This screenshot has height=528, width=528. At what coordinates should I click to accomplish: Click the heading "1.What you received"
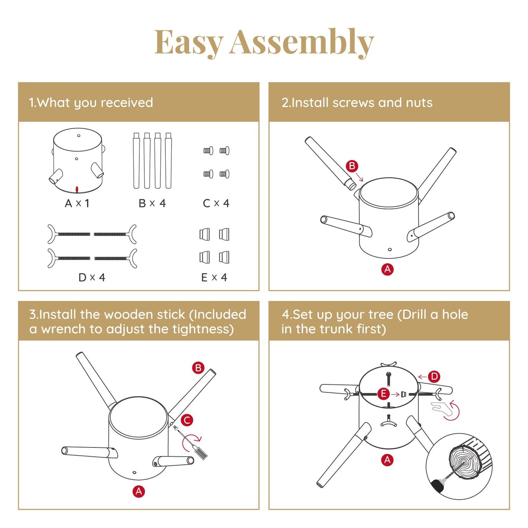[91, 103]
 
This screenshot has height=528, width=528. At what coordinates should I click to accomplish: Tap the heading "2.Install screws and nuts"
[357, 102]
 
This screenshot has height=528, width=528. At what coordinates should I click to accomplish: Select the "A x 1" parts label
[77, 203]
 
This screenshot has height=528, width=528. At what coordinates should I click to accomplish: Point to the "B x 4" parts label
[152, 203]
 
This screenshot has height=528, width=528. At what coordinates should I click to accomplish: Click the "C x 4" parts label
[216, 203]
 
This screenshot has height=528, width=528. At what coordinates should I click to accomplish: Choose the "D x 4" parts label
[92, 277]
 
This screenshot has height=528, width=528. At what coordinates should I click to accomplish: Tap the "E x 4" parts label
[214, 277]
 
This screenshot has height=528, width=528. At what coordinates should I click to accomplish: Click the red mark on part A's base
[77, 190]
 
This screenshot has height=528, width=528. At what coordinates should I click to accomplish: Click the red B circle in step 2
[352, 166]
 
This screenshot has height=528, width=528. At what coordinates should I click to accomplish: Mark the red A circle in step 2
[388, 269]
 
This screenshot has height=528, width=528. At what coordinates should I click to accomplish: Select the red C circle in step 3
[187, 420]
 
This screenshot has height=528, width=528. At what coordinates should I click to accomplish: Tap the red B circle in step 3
[198, 368]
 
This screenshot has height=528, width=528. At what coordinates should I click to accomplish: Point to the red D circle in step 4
[434, 376]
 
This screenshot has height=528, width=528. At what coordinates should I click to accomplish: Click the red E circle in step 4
[383, 394]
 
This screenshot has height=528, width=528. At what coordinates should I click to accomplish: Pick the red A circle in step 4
[387, 460]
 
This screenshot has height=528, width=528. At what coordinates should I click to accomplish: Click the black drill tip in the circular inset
[438, 486]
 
